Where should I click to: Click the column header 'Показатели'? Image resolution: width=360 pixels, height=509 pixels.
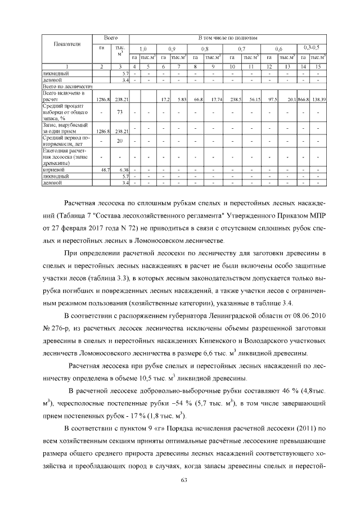click(x=67, y=44)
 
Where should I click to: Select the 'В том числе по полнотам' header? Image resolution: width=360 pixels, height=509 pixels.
click(x=227, y=37)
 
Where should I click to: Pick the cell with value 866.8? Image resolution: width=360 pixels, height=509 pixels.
click(x=304, y=99)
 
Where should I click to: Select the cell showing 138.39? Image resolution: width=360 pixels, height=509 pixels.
click(x=319, y=99)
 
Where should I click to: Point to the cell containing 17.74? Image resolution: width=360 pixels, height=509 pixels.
click(x=212, y=99)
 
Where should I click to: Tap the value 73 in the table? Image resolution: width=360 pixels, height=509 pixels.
click(x=119, y=112)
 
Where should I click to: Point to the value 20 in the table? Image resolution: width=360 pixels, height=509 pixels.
click(x=119, y=141)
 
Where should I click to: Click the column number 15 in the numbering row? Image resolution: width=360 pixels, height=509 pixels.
click(x=318, y=67)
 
